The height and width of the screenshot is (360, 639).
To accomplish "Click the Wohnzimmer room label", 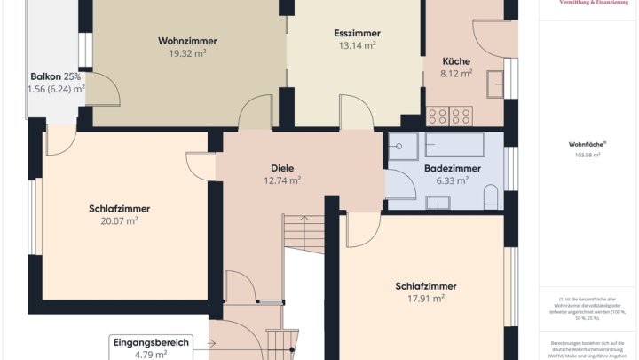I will [187, 41].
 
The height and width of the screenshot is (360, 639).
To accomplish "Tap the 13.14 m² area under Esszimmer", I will [356, 45].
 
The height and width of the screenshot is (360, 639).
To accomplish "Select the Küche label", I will [456, 61].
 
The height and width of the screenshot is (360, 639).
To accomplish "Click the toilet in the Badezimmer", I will [491, 196].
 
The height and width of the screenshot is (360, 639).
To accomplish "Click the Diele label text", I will [282, 168].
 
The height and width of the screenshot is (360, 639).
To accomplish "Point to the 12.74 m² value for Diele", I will [282, 180].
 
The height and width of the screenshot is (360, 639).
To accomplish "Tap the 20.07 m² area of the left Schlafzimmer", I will [119, 221].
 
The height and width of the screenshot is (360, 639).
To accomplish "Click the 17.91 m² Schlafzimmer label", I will [426, 299].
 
